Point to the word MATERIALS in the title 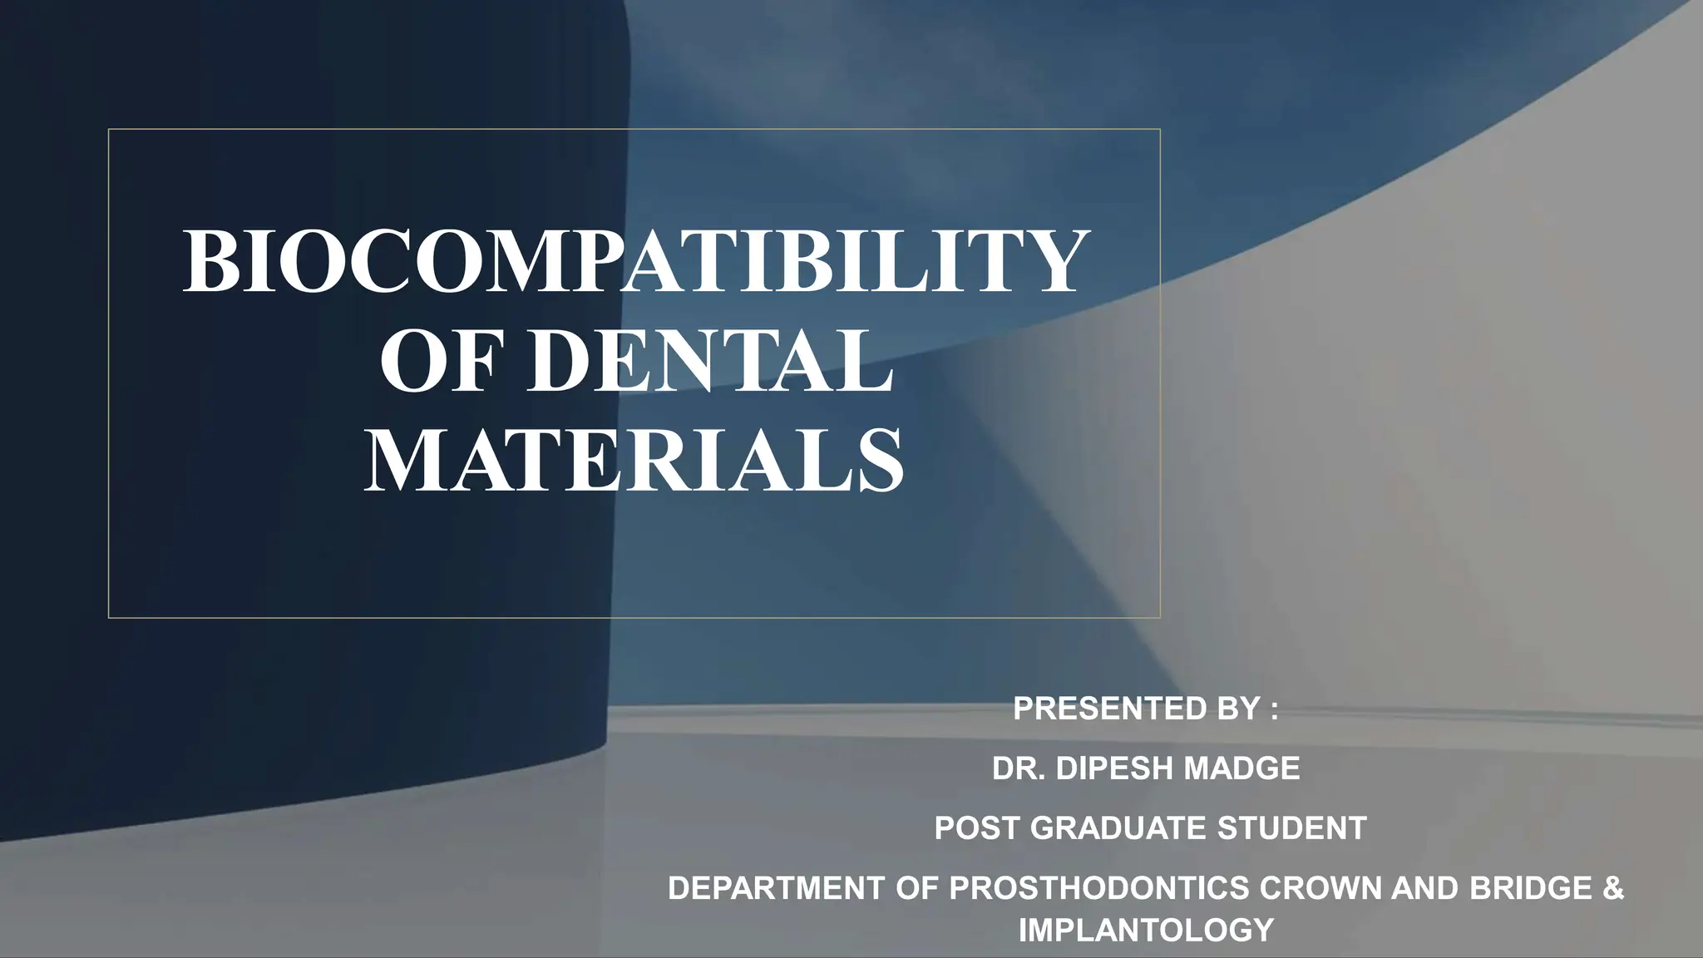[634, 462]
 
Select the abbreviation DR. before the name [1018, 769]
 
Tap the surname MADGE [1241, 769]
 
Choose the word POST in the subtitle [977, 828]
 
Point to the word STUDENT [1292, 828]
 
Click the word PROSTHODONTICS [1099, 889]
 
